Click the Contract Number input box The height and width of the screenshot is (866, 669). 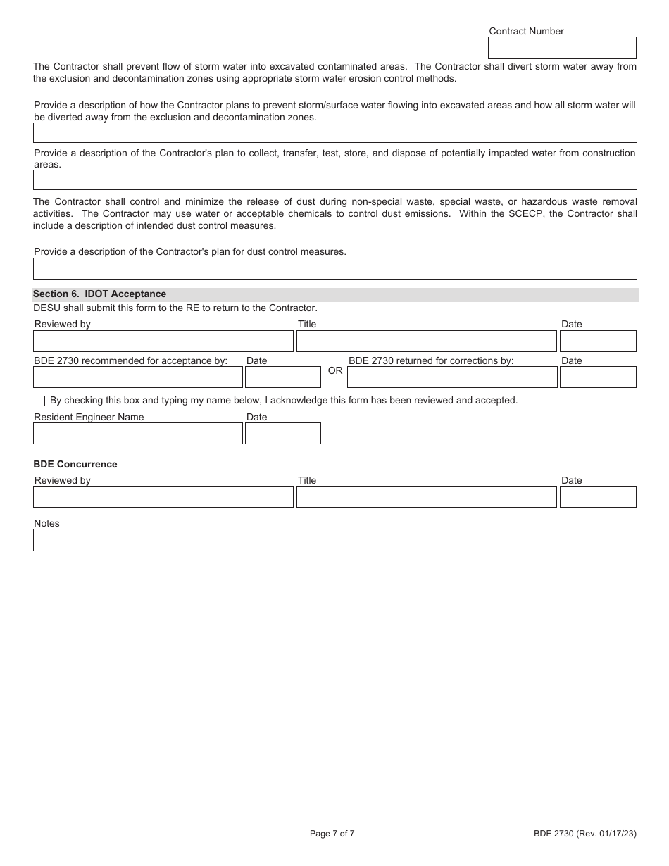pyautogui.click(x=562, y=48)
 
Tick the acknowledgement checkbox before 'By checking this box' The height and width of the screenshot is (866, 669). pyautogui.click(x=39, y=401)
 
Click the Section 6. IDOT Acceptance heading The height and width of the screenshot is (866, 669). pyautogui.click(x=100, y=294)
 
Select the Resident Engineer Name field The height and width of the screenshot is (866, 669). pyautogui.click(x=138, y=434)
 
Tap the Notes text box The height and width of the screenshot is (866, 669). pyautogui.click(x=334, y=540)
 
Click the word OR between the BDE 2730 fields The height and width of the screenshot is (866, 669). pyautogui.click(x=335, y=370)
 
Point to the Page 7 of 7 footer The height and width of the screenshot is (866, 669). pyautogui.click(x=332, y=834)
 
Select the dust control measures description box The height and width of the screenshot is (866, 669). pyautogui.click(x=334, y=269)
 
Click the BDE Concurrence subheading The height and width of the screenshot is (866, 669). pyautogui.click(x=75, y=465)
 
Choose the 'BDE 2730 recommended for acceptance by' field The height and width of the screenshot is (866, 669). pyautogui.click(x=138, y=377)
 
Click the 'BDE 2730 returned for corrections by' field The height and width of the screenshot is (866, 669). pyautogui.click(x=452, y=377)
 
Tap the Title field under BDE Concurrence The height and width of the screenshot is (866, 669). pyautogui.click(x=426, y=497)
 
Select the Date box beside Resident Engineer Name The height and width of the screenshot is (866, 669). pyautogui.click(x=283, y=434)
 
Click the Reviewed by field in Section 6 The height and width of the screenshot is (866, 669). pyautogui.click(x=163, y=341)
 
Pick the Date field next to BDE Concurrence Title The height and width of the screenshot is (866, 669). pyautogui.click(x=598, y=497)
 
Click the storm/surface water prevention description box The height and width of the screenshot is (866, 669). pyautogui.click(x=334, y=133)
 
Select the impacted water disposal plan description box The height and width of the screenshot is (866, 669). pyautogui.click(x=334, y=180)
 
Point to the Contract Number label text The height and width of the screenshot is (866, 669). pyautogui.click(x=526, y=31)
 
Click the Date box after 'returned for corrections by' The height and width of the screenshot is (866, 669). pyautogui.click(x=598, y=377)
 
